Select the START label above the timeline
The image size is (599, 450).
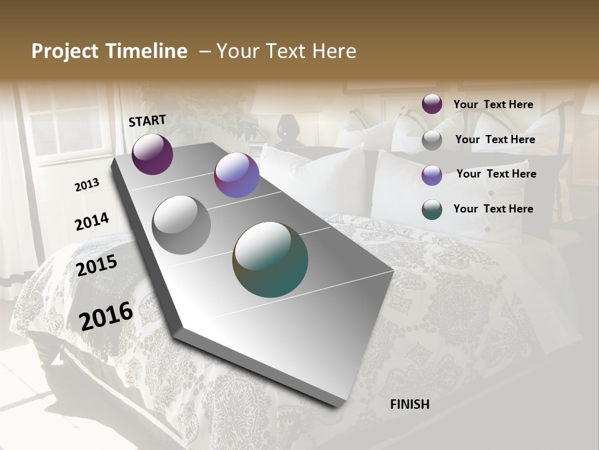147,121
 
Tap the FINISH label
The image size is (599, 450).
410,404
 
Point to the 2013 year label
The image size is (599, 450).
87,185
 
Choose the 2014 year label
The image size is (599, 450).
92,221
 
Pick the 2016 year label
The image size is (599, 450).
106,316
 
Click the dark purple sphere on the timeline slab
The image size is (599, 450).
152,154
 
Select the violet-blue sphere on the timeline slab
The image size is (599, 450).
236,175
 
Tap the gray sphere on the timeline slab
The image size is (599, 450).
182,224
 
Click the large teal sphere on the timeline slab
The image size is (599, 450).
270,259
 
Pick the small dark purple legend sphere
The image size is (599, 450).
432,104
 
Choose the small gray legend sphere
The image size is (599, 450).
432,140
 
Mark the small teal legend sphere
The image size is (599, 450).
432,209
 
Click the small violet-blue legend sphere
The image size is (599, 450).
432,175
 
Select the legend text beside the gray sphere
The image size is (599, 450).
495,139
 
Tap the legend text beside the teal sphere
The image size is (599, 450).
493,209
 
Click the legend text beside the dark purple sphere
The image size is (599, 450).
493,104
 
